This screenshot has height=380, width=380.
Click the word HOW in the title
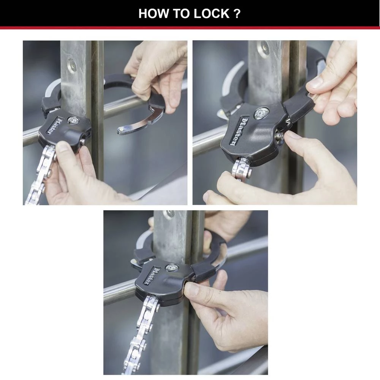(x=151, y=13)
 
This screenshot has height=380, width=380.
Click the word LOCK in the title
(x=211, y=13)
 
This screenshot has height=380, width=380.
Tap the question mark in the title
(x=237, y=13)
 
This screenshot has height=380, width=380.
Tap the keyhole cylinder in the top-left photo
(x=73, y=120)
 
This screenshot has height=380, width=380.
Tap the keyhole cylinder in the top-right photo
(x=261, y=113)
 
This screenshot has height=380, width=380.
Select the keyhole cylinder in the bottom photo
(x=172, y=268)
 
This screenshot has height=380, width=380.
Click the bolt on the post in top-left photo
(x=71, y=64)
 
